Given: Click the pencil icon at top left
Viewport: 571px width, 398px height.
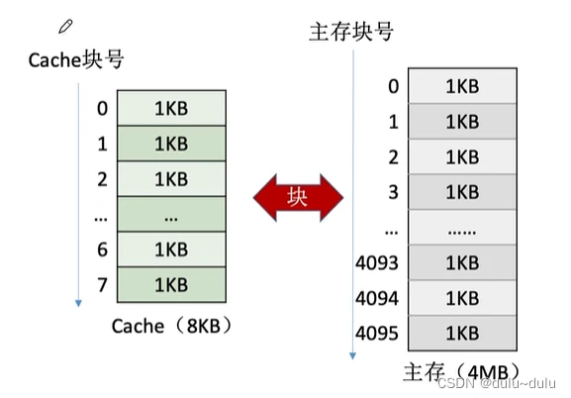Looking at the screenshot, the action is [65, 27].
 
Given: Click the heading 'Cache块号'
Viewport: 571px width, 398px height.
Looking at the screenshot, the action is [76, 59].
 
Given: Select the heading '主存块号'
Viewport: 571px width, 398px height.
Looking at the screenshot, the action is [351, 32].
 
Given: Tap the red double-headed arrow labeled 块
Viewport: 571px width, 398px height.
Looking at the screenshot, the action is [298, 198].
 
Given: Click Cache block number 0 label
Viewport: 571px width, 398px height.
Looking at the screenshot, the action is [102, 108].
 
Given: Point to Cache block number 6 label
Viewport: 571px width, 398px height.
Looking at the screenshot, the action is [102, 249].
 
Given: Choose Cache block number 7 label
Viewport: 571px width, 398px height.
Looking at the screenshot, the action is [102, 285].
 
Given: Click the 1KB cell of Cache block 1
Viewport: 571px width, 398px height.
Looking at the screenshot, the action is [171, 144].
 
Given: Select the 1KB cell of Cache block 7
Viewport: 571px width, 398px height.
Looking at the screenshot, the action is [171, 285].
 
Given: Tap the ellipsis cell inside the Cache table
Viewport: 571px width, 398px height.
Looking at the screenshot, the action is [171, 214].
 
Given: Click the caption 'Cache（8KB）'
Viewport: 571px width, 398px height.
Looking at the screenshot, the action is [171, 326].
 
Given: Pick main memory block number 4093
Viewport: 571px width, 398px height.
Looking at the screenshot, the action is [377, 262].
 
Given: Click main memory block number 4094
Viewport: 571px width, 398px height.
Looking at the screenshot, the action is [377, 298].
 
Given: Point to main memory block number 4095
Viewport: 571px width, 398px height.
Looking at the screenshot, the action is [377, 333].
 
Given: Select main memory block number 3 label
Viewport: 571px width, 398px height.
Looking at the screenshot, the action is [393, 192].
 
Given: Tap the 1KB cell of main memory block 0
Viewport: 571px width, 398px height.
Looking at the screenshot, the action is [462, 86].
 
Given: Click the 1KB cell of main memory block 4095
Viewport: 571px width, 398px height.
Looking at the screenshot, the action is [462, 333].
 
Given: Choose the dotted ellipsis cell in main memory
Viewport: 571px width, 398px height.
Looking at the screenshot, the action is [462, 228].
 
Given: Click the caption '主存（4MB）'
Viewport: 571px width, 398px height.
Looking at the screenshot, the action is [462, 372].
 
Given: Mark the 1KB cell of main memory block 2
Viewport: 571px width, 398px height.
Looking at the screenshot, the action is [462, 156].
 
